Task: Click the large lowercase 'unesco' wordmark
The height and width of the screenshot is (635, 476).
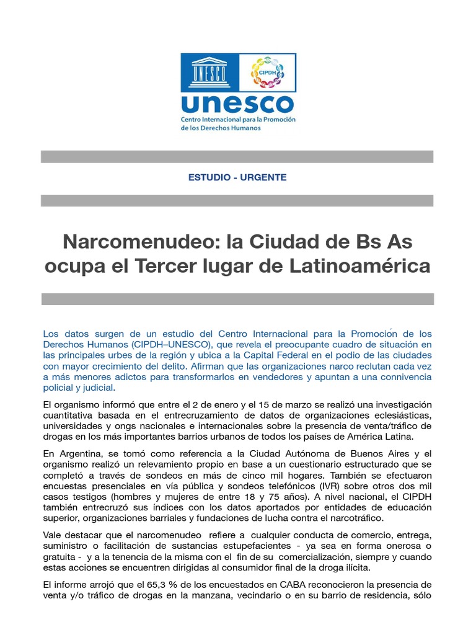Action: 237,104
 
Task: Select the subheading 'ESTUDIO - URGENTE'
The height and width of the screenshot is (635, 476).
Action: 237,177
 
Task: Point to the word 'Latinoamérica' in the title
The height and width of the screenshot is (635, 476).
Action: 359,266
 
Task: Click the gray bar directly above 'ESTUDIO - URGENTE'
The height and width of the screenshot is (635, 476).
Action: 237,156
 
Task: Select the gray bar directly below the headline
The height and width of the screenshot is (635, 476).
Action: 237,299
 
